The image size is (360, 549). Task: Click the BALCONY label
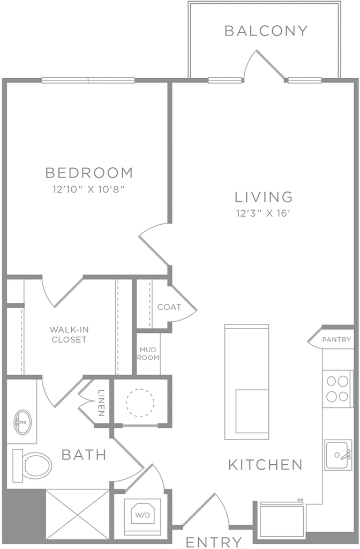tap(266, 31)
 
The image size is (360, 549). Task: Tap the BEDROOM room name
tap(89, 173)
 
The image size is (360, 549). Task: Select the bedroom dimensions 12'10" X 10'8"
tap(89, 189)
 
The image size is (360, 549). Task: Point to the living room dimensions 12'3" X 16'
tap(264, 213)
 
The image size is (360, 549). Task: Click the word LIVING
tap(264, 197)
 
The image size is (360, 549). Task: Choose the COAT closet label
tap(169, 307)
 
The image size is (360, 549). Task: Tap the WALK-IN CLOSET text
tap(69, 335)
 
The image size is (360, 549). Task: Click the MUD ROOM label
tap(148, 354)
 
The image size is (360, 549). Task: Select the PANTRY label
tap(336, 339)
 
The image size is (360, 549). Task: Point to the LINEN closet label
tap(101, 403)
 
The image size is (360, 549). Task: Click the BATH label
tap(84, 455)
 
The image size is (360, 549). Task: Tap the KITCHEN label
tap(266, 465)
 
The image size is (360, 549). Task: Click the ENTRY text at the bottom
tap(214, 543)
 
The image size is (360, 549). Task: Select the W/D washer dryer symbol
tap(142, 515)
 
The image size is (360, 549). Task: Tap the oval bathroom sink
tap(22, 422)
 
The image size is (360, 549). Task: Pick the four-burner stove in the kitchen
tap(337, 389)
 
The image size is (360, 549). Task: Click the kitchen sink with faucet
tap(338, 455)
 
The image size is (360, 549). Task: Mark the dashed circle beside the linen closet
tap(140, 403)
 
